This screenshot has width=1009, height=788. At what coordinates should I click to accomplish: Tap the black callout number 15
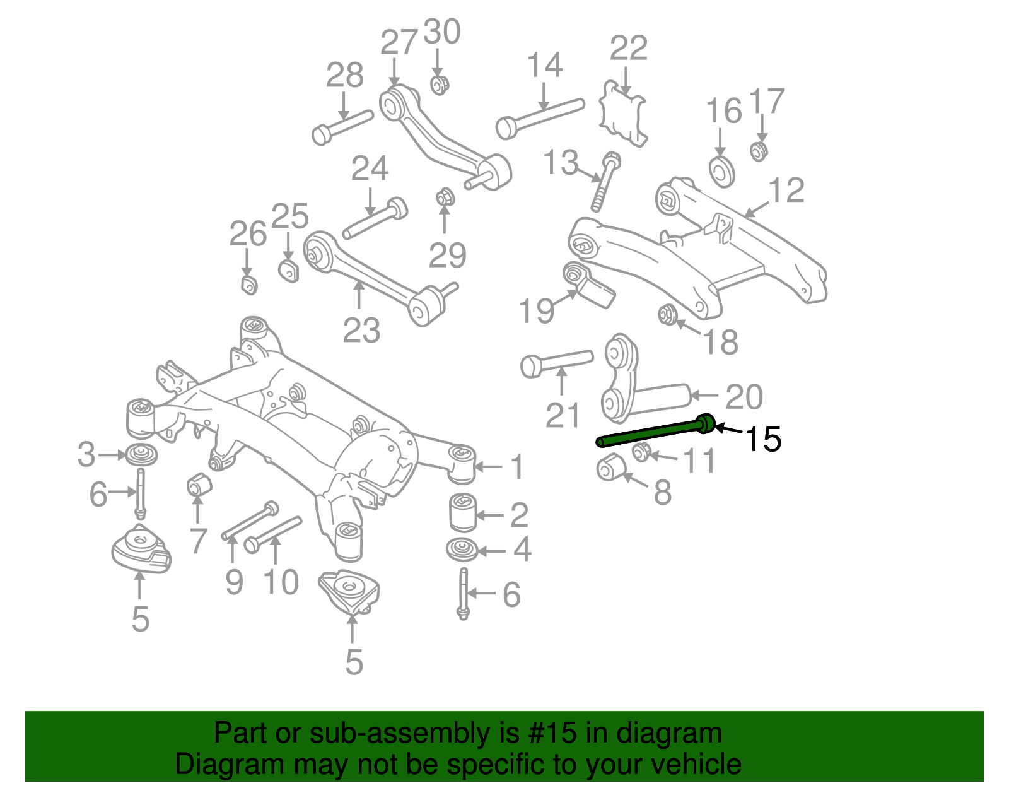[x=763, y=438]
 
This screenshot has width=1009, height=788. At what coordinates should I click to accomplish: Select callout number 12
[x=787, y=190]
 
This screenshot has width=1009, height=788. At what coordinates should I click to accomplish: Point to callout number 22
[x=629, y=48]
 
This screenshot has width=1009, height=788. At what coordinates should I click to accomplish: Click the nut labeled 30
[x=440, y=84]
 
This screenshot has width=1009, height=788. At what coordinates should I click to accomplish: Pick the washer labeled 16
[x=721, y=171]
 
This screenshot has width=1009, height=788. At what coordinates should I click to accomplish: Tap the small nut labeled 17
[x=759, y=151]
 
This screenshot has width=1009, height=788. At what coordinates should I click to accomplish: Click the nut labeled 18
[x=667, y=314]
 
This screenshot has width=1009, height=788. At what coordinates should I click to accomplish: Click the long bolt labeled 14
[x=539, y=117]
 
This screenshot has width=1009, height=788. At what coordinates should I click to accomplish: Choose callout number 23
[x=361, y=330]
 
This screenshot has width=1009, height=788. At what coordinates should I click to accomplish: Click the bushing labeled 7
[x=199, y=485]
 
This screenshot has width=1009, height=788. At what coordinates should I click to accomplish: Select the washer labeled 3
[x=141, y=455]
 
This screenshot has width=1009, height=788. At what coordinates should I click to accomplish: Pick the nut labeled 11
[x=641, y=452]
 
